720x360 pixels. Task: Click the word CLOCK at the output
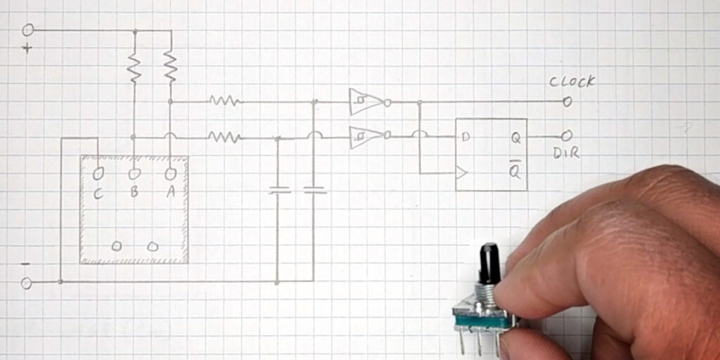point(572,82)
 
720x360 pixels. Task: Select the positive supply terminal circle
point(28,30)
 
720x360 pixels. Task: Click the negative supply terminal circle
point(27,283)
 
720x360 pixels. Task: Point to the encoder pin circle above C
point(98,173)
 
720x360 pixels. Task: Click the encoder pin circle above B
point(134,173)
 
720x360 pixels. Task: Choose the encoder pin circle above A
point(170,173)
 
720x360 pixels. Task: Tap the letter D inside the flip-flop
point(465,137)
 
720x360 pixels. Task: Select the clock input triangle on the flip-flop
point(461,172)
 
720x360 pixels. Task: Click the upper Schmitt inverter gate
point(366,102)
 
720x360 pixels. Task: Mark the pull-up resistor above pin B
point(134,67)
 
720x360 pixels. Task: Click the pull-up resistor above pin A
point(170,67)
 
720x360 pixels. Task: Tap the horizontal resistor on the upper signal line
point(224,101)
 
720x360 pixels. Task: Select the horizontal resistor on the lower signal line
point(224,137)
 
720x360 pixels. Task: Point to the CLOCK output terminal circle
point(567,102)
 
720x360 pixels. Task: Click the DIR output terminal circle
point(567,136)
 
